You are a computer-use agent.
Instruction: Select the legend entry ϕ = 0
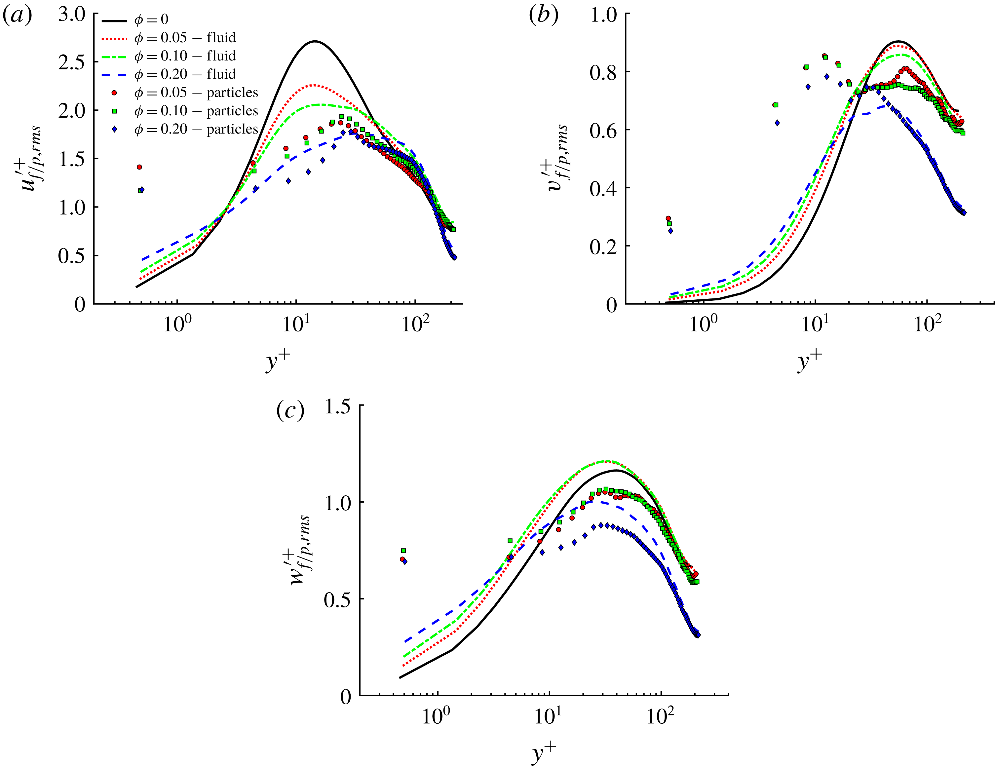click(x=151, y=19)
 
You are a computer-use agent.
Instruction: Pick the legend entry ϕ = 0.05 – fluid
click(x=184, y=38)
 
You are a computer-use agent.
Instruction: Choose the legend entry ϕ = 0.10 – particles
click(x=196, y=111)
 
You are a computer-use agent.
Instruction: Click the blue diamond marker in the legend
click(x=114, y=129)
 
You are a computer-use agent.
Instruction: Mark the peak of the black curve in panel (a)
click(x=314, y=41)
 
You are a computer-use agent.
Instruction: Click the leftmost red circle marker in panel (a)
click(x=139, y=167)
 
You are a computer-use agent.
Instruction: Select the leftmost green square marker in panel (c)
click(x=403, y=551)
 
